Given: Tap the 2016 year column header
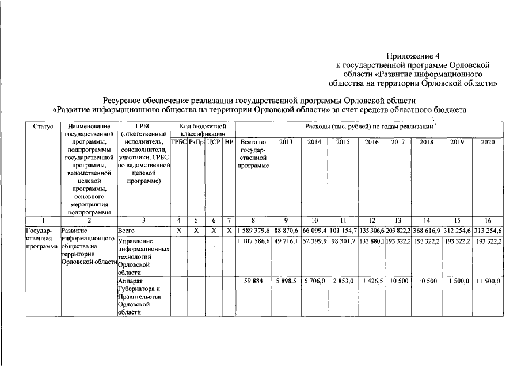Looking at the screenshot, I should click(372, 141).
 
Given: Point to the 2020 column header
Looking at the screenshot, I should click(488, 141).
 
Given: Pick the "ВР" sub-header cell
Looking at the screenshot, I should click(229, 141).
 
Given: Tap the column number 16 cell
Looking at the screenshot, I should click(488, 220).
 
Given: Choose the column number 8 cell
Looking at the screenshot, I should click(253, 220).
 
